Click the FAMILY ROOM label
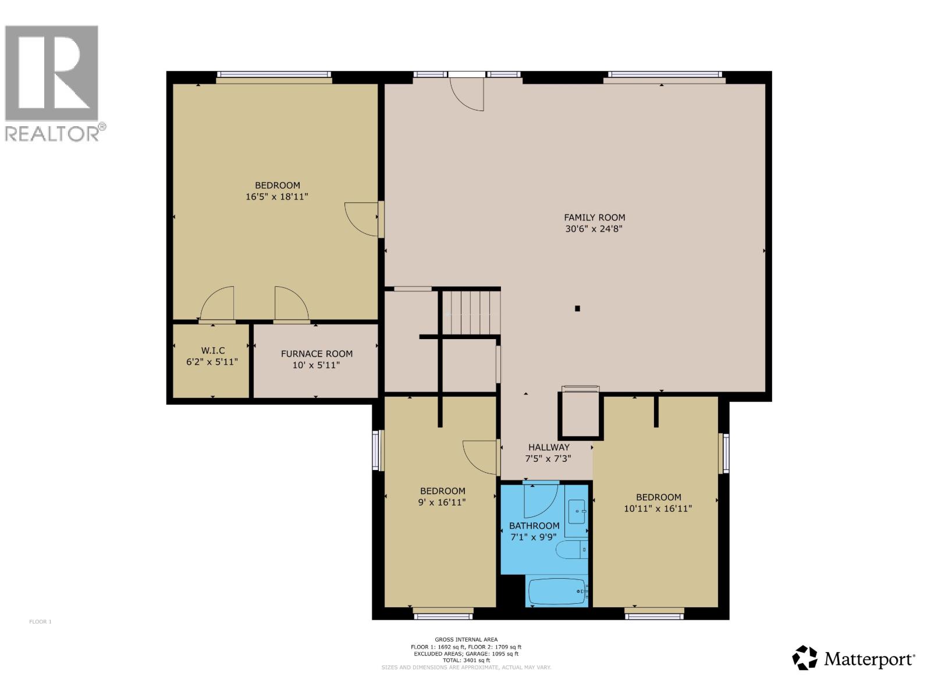coord(594,218)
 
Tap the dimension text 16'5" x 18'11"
coord(276,197)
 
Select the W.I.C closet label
coord(212,350)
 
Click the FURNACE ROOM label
coord(317,354)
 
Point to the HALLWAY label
coord(549,447)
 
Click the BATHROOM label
coord(534,526)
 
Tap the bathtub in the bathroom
coord(557,592)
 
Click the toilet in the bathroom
coord(571,550)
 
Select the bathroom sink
coord(577,510)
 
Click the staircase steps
coord(471,312)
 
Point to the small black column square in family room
coord(577,309)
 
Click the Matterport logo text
coord(869,660)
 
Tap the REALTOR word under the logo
coord(52,134)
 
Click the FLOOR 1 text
coord(41,622)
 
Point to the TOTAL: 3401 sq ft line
coord(465,660)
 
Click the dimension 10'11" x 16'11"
coord(658,508)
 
